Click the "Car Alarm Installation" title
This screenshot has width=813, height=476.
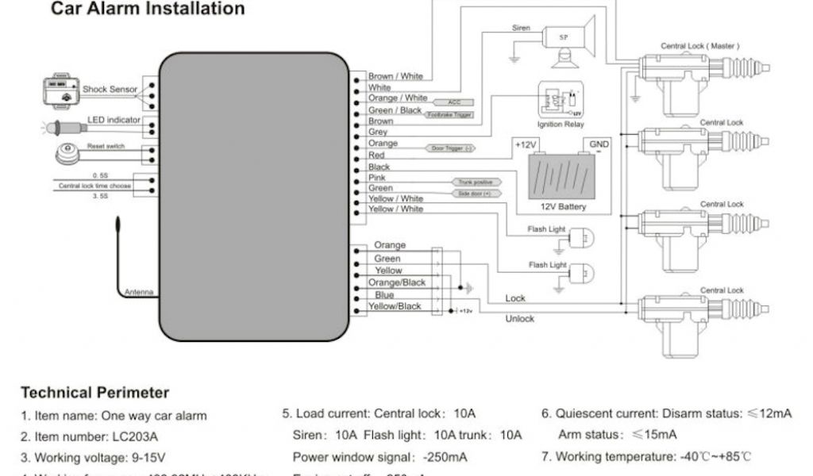148,10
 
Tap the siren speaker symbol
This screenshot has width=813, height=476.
567,37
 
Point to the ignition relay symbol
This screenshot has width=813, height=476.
561,101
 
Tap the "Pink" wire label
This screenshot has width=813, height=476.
378,178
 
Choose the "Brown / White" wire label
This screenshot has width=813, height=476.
395,76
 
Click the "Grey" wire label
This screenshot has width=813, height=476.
378,132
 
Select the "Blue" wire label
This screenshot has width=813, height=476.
384,294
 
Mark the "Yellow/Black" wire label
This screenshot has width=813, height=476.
395,306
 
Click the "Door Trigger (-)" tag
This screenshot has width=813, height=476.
449,148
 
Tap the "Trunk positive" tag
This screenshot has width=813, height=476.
472,182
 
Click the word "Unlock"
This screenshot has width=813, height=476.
520,319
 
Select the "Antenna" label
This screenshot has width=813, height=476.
138,292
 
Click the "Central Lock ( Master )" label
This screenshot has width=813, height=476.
699,47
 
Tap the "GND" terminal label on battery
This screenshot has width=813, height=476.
599,145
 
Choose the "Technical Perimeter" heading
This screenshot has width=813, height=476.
94,393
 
